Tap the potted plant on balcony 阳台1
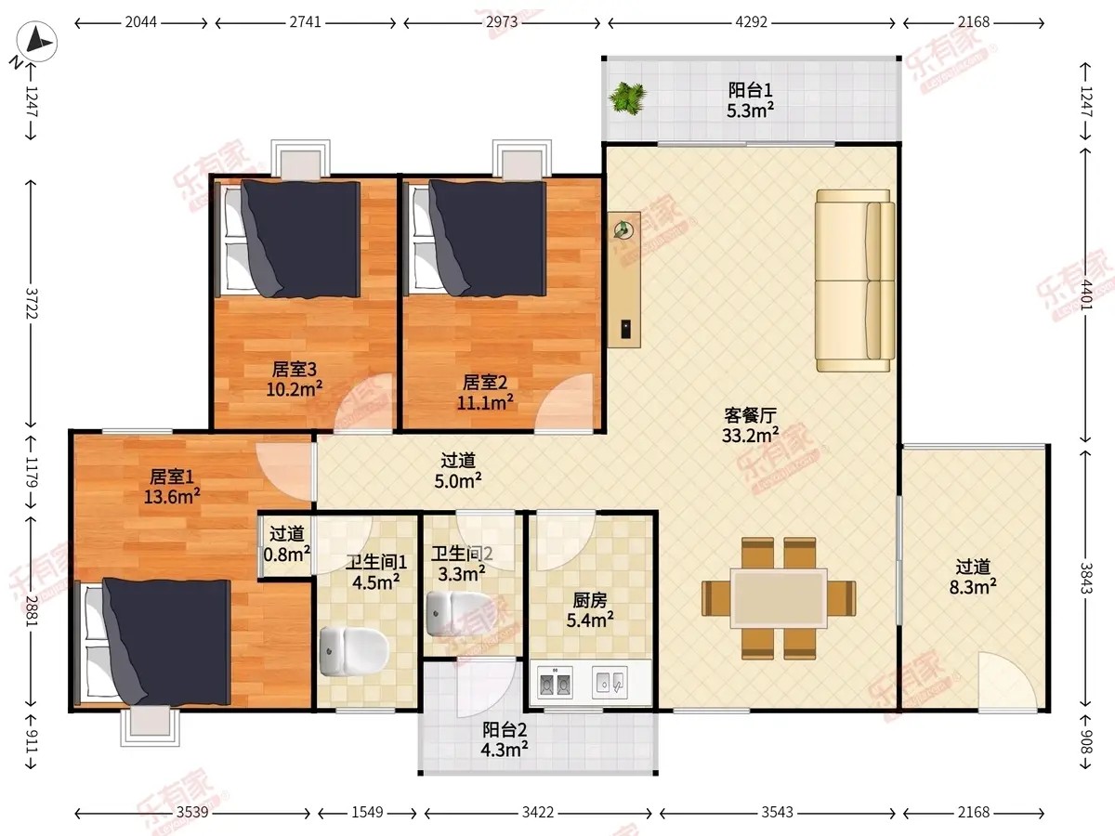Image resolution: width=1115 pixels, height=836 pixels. click(x=628, y=98)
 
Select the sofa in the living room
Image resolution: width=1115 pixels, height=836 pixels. click(x=855, y=281)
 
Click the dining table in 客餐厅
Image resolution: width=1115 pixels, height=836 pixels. click(x=779, y=598)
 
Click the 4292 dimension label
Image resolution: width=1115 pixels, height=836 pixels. click(x=751, y=22)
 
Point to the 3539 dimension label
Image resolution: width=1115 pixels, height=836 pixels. click(x=192, y=812)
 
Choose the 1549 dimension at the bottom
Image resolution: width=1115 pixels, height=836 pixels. click(x=367, y=812)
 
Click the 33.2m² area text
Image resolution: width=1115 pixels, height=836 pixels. click(x=750, y=435)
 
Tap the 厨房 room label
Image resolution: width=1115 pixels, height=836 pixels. click(x=590, y=600)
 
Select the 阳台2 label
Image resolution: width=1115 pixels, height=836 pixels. click(x=505, y=730)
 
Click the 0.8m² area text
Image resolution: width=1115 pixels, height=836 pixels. click(x=287, y=554)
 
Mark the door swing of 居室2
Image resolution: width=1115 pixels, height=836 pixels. click(x=564, y=403)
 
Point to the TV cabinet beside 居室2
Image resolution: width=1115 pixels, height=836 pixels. click(x=624, y=280)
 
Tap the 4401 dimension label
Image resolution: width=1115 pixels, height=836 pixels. click(x=1085, y=294)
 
